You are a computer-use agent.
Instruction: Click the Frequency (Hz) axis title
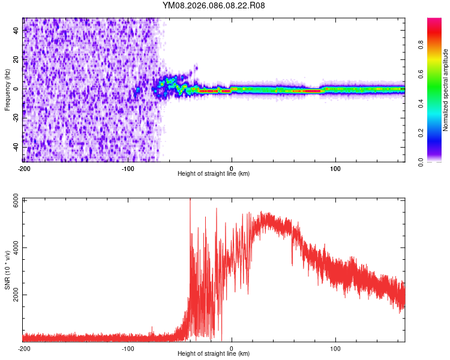7,90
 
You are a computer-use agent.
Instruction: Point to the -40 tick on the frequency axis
14,146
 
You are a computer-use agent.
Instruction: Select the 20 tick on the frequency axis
16,59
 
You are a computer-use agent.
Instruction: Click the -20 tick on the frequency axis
14,118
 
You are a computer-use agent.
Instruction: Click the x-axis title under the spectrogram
214,174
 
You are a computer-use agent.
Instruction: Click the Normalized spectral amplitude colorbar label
445,90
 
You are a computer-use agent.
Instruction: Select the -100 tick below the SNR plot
128,348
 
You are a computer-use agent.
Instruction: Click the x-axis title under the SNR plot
214,353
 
